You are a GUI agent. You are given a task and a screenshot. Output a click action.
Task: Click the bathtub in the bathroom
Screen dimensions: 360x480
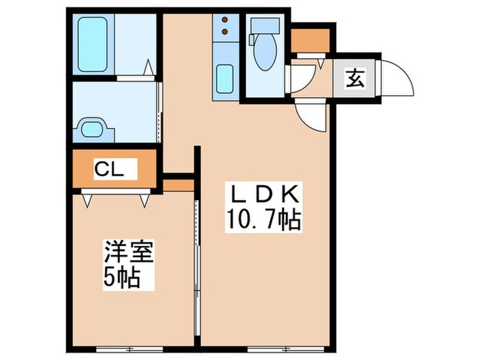pyautogui.click(x=92, y=45)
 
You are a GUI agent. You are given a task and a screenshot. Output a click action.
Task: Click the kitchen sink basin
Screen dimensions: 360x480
pyautogui.click(x=225, y=79)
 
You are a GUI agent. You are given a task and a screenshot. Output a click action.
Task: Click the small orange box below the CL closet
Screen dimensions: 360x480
pyautogui.click(x=179, y=185)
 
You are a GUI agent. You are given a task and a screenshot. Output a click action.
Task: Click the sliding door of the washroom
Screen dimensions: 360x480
pyautogui.click(x=160, y=113)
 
